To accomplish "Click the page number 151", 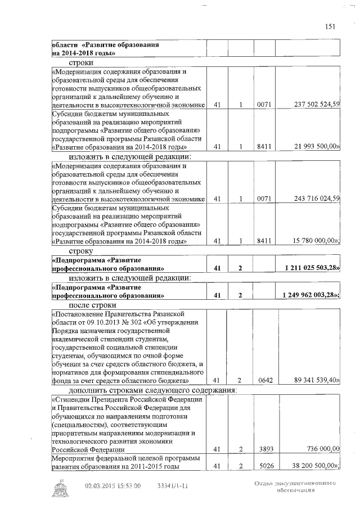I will pyautogui.click(x=330, y=26).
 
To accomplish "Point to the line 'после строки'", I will pyautogui.click(x=93, y=305).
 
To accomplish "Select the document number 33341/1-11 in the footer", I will pyautogui.click(x=172, y=485).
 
